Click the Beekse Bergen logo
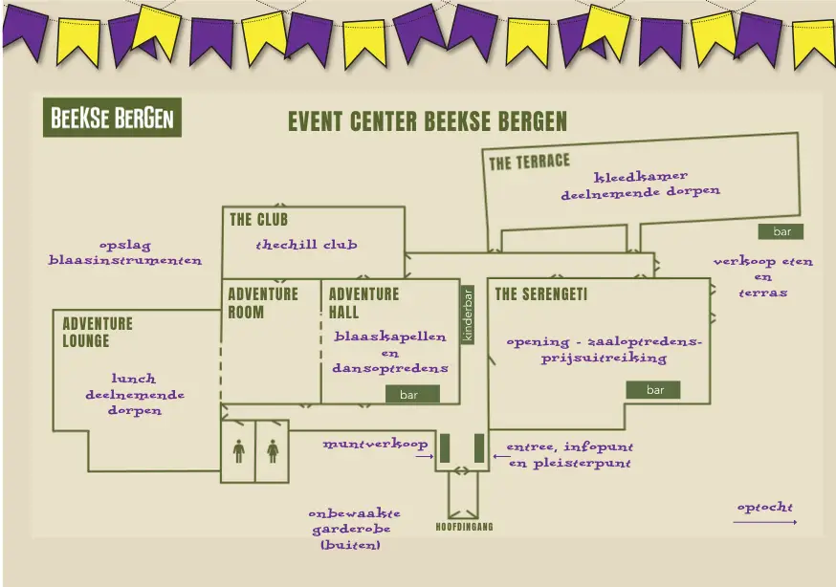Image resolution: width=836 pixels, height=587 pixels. click(112, 120)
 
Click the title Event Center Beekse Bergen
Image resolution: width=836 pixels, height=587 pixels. click(428, 122)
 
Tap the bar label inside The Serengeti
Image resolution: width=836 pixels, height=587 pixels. click(654, 390)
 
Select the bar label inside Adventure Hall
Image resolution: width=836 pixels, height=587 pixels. click(408, 394)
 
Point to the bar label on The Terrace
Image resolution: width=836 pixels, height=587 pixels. click(781, 231)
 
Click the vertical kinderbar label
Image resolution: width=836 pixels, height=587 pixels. click(468, 315)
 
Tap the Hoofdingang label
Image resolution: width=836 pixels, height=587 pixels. click(464, 527)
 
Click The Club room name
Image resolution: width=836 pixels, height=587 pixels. click(258, 220)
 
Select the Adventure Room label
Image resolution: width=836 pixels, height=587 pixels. click(262, 303)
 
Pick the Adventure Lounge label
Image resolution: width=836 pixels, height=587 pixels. click(98, 332)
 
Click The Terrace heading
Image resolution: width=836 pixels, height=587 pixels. click(529, 162)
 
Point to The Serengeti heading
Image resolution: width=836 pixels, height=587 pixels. click(540, 294)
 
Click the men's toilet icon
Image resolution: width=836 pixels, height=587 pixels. click(238, 449)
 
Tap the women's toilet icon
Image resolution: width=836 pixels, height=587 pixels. click(273, 449)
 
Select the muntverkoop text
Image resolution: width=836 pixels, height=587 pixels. click(375, 445)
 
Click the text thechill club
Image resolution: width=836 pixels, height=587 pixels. click(306, 245)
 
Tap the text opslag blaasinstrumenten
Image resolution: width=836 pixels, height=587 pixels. click(125, 252)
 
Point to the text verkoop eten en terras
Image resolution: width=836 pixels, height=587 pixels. click(762, 276)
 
